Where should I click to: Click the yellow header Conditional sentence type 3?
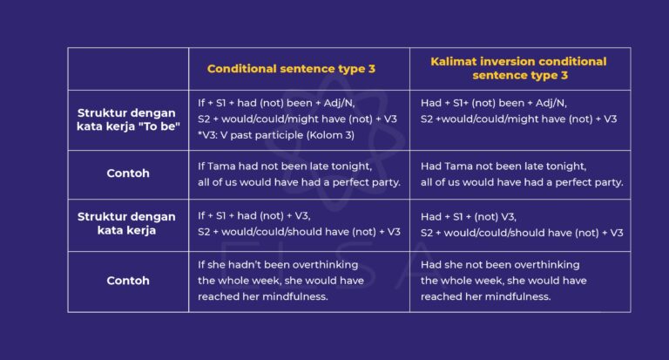tap(291, 68)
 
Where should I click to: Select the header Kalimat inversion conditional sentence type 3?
tap(518, 68)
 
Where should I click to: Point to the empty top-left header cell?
tap(128, 68)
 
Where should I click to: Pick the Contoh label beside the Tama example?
tap(128, 173)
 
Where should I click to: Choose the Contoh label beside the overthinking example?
tap(128, 281)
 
